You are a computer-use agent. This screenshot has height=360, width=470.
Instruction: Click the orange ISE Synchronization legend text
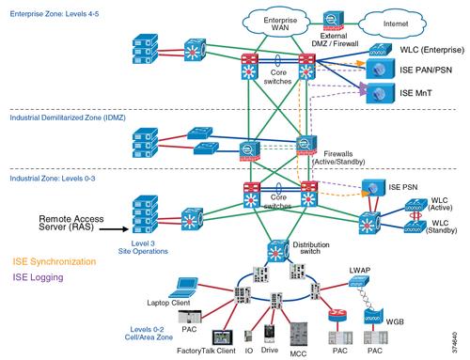tap(54, 260)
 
